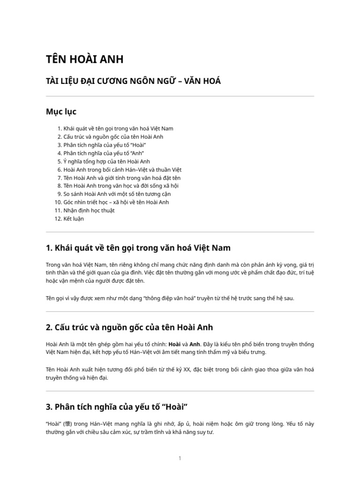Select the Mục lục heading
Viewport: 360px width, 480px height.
pos(61,112)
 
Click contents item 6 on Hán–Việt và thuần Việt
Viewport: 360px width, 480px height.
pos(120,169)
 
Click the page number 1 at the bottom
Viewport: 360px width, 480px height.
pos(180,458)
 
